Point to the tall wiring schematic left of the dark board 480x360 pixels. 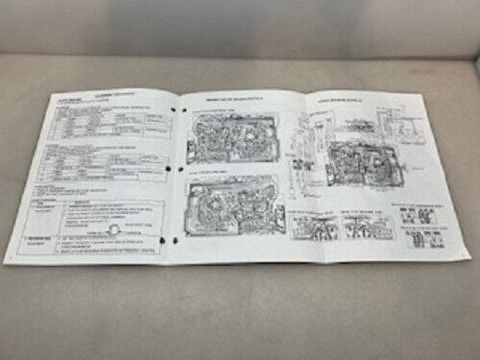(x=305, y=154)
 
